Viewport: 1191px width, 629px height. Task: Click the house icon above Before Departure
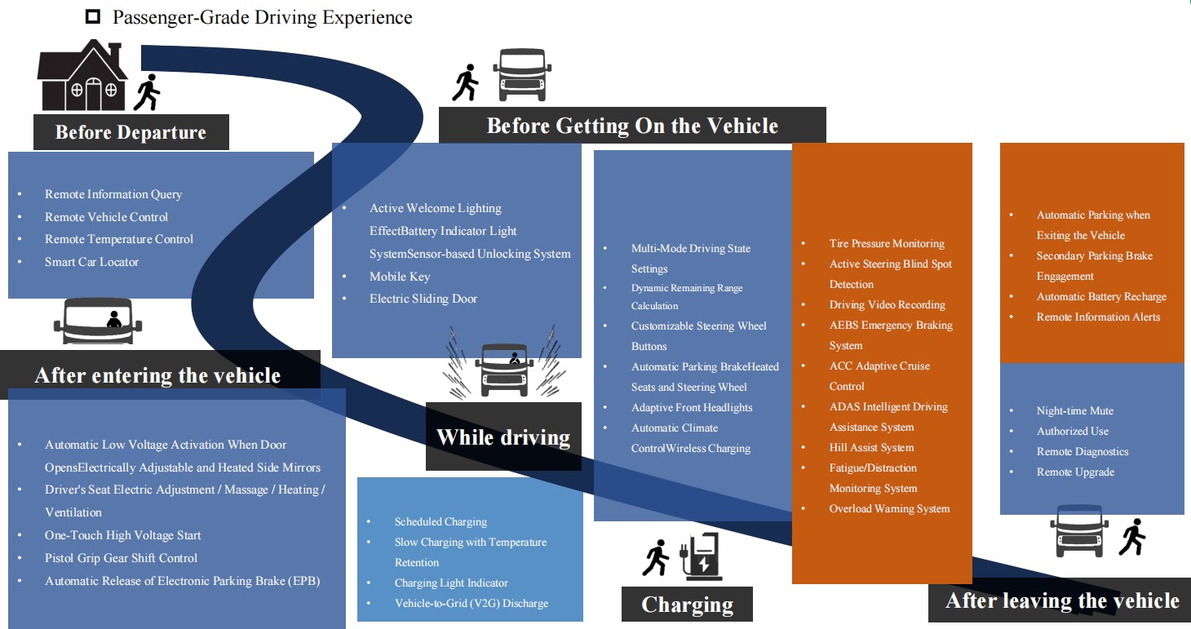tap(82, 78)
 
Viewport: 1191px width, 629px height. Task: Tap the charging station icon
tap(701, 556)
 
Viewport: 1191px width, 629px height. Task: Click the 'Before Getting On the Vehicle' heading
tap(632, 126)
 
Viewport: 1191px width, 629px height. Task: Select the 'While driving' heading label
tap(503, 437)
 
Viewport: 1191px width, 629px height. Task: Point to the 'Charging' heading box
tap(687, 605)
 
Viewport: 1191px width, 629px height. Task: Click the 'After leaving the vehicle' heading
tap(1062, 601)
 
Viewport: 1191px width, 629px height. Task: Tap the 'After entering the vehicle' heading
tap(157, 375)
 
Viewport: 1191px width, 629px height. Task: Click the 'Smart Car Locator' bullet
tap(91, 262)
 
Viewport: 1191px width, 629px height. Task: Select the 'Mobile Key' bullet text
tap(400, 277)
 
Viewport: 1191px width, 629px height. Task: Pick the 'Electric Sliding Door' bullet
tap(423, 299)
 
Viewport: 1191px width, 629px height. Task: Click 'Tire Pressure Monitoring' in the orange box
tap(887, 244)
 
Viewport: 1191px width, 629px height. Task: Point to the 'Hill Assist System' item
tap(871, 448)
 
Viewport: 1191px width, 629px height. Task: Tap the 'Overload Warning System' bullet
tap(889, 509)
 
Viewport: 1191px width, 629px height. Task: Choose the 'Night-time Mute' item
tap(1074, 411)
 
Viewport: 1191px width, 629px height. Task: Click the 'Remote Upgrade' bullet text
tap(1075, 472)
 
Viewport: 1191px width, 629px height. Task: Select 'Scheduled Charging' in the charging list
tap(441, 522)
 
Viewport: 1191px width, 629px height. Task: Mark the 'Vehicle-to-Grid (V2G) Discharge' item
tap(471, 604)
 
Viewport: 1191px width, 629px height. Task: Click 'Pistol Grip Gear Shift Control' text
tap(121, 558)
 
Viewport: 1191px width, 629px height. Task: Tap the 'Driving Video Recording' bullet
tap(887, 305)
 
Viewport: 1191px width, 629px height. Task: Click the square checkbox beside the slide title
tap(93, 16)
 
